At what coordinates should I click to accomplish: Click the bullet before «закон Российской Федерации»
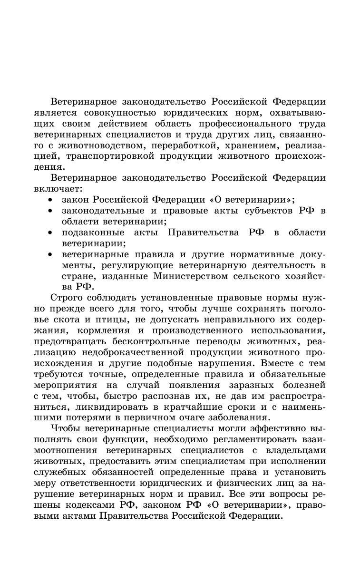coord(50,200)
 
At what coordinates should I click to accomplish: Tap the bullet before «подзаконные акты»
coord(50,233)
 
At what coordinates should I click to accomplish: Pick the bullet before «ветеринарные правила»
coord(50,254)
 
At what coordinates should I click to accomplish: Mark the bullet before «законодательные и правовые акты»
coord(50,211)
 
